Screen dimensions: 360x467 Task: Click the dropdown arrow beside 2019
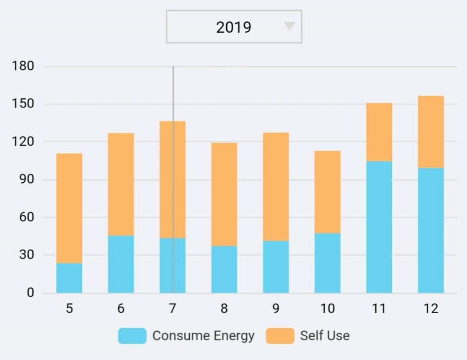[290, 26]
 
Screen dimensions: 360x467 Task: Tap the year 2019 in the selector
[233, 27]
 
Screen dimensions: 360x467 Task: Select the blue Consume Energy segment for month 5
[69, 278]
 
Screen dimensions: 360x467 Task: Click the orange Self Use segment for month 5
[69, 208]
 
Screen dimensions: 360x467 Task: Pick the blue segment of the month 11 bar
[379, 227]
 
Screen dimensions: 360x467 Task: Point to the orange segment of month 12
[431, 132]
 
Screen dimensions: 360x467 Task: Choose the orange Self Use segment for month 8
[224, 195]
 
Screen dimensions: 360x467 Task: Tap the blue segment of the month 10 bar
[327, 263]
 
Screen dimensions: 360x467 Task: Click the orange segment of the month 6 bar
[121, 184]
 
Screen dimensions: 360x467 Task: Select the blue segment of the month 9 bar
[275, 267]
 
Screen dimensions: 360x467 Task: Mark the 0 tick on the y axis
[30, 293]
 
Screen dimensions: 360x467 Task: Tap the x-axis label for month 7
[172, 309]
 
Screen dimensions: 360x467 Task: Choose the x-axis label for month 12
[431, 309]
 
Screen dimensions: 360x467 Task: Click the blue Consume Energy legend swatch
[132, 336]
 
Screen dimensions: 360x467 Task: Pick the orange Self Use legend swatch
[280, 336]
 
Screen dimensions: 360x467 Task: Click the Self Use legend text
[325, 336]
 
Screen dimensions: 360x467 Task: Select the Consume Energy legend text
[203, 336]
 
